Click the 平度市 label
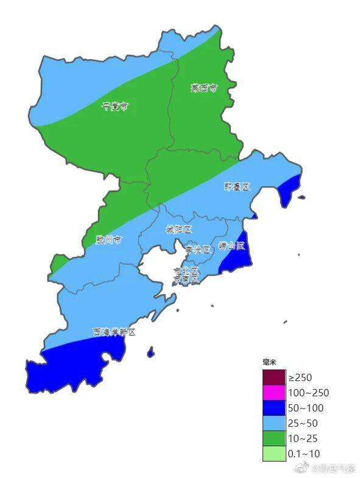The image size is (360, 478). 115,106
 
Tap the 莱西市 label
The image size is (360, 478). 203,88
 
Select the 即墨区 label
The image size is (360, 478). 236,187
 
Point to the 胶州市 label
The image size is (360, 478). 108,240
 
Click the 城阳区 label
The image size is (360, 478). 178,230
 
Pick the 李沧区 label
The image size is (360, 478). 197,249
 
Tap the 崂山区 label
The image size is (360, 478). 231,246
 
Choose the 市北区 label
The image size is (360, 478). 186,270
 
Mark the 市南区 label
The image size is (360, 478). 186,279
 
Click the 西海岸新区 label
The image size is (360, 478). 114,332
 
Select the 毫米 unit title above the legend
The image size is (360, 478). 269,363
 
